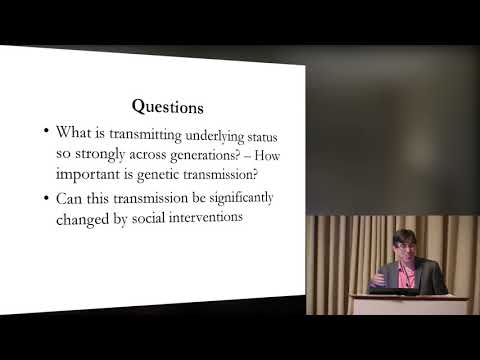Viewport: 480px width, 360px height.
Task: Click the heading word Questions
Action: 168,106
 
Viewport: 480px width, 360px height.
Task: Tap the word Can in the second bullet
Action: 72,198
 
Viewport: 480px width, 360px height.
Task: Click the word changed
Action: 88,218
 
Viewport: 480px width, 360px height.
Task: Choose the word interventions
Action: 227,218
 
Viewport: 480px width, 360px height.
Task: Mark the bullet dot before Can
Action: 49,198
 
